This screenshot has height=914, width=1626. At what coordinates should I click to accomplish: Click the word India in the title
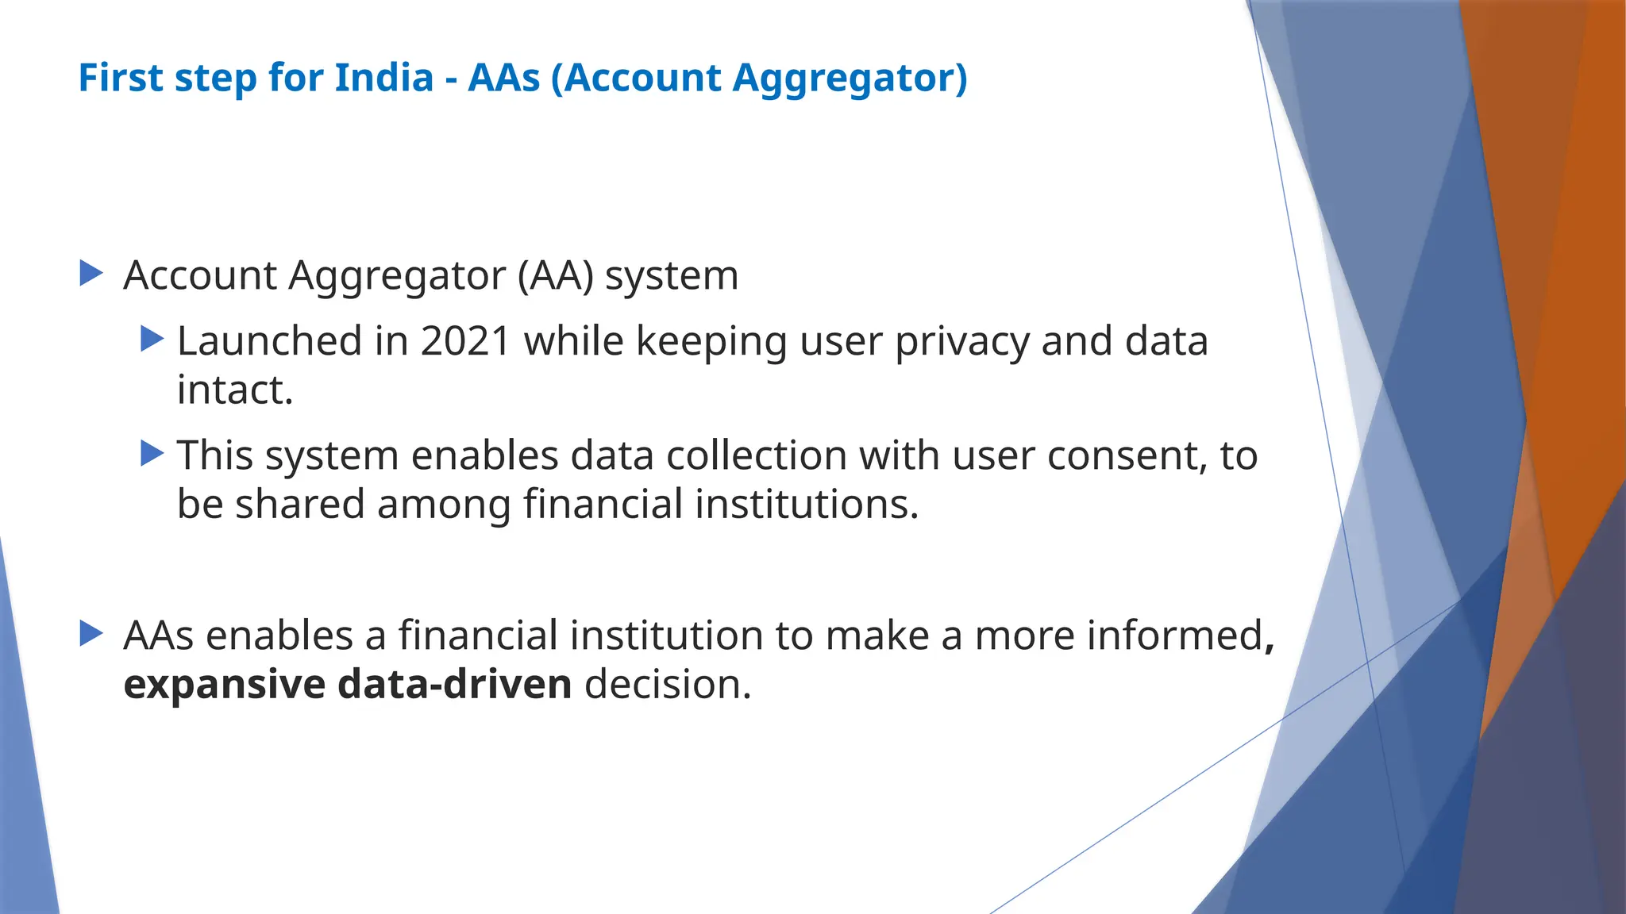coord(384,78)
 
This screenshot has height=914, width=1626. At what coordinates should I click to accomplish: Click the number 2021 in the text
coord(465,341)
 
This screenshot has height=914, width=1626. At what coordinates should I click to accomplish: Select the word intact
coord(235,390)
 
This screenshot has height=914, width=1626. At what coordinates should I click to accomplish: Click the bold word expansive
coord(225,685)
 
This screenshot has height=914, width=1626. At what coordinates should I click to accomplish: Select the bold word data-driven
coord(454,685)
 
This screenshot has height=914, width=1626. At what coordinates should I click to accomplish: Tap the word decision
coord(668,685)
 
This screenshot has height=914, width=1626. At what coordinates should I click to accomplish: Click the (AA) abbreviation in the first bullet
coord(555,276)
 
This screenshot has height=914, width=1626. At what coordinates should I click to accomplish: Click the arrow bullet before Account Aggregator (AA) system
coord(91,275)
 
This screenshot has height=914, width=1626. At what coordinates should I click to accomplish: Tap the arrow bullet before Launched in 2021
coord(152,340)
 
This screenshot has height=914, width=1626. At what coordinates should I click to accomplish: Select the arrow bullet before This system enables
coord(152,454)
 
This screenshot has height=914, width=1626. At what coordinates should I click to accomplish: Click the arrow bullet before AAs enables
coord(91,634)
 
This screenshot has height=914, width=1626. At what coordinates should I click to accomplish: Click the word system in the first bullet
coord(672,276)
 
